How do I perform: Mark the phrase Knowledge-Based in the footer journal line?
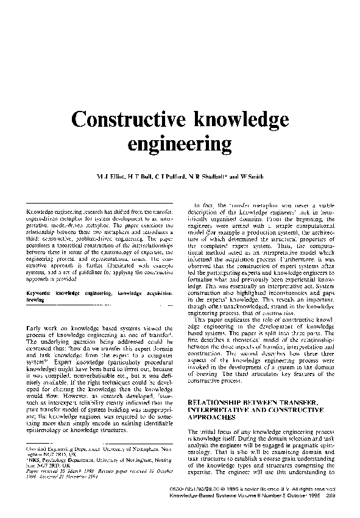click(205, 495)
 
